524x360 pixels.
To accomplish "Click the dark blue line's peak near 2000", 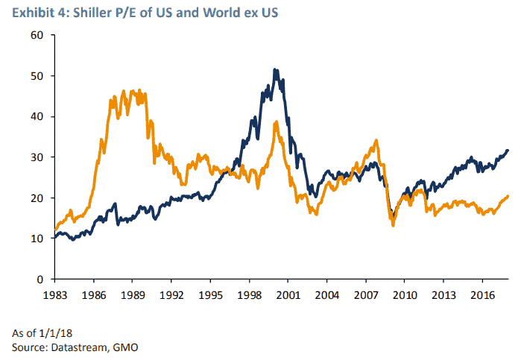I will click(275, 70).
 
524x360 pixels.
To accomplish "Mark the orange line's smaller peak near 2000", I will click(277, 122).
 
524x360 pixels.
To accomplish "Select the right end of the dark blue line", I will click(508, 151).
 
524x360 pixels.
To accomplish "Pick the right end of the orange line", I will click(508, 196).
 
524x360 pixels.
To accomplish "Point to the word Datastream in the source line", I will click(75, 347).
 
